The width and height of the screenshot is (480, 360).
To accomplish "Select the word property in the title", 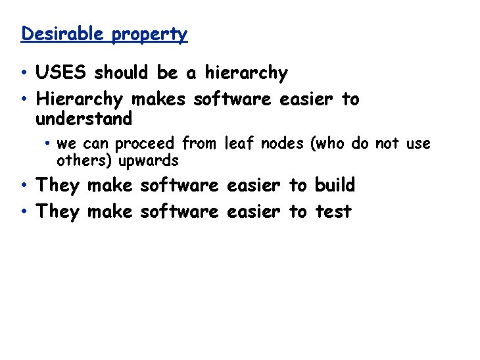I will coord(149,34).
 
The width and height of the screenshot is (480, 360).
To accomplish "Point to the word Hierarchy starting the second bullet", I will coord(80,99).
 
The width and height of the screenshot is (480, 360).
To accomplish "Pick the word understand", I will coord(84,119).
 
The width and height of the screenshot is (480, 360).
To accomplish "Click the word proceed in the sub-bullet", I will coord(147,143).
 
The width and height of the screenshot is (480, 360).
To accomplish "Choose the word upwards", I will coord(148,161).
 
